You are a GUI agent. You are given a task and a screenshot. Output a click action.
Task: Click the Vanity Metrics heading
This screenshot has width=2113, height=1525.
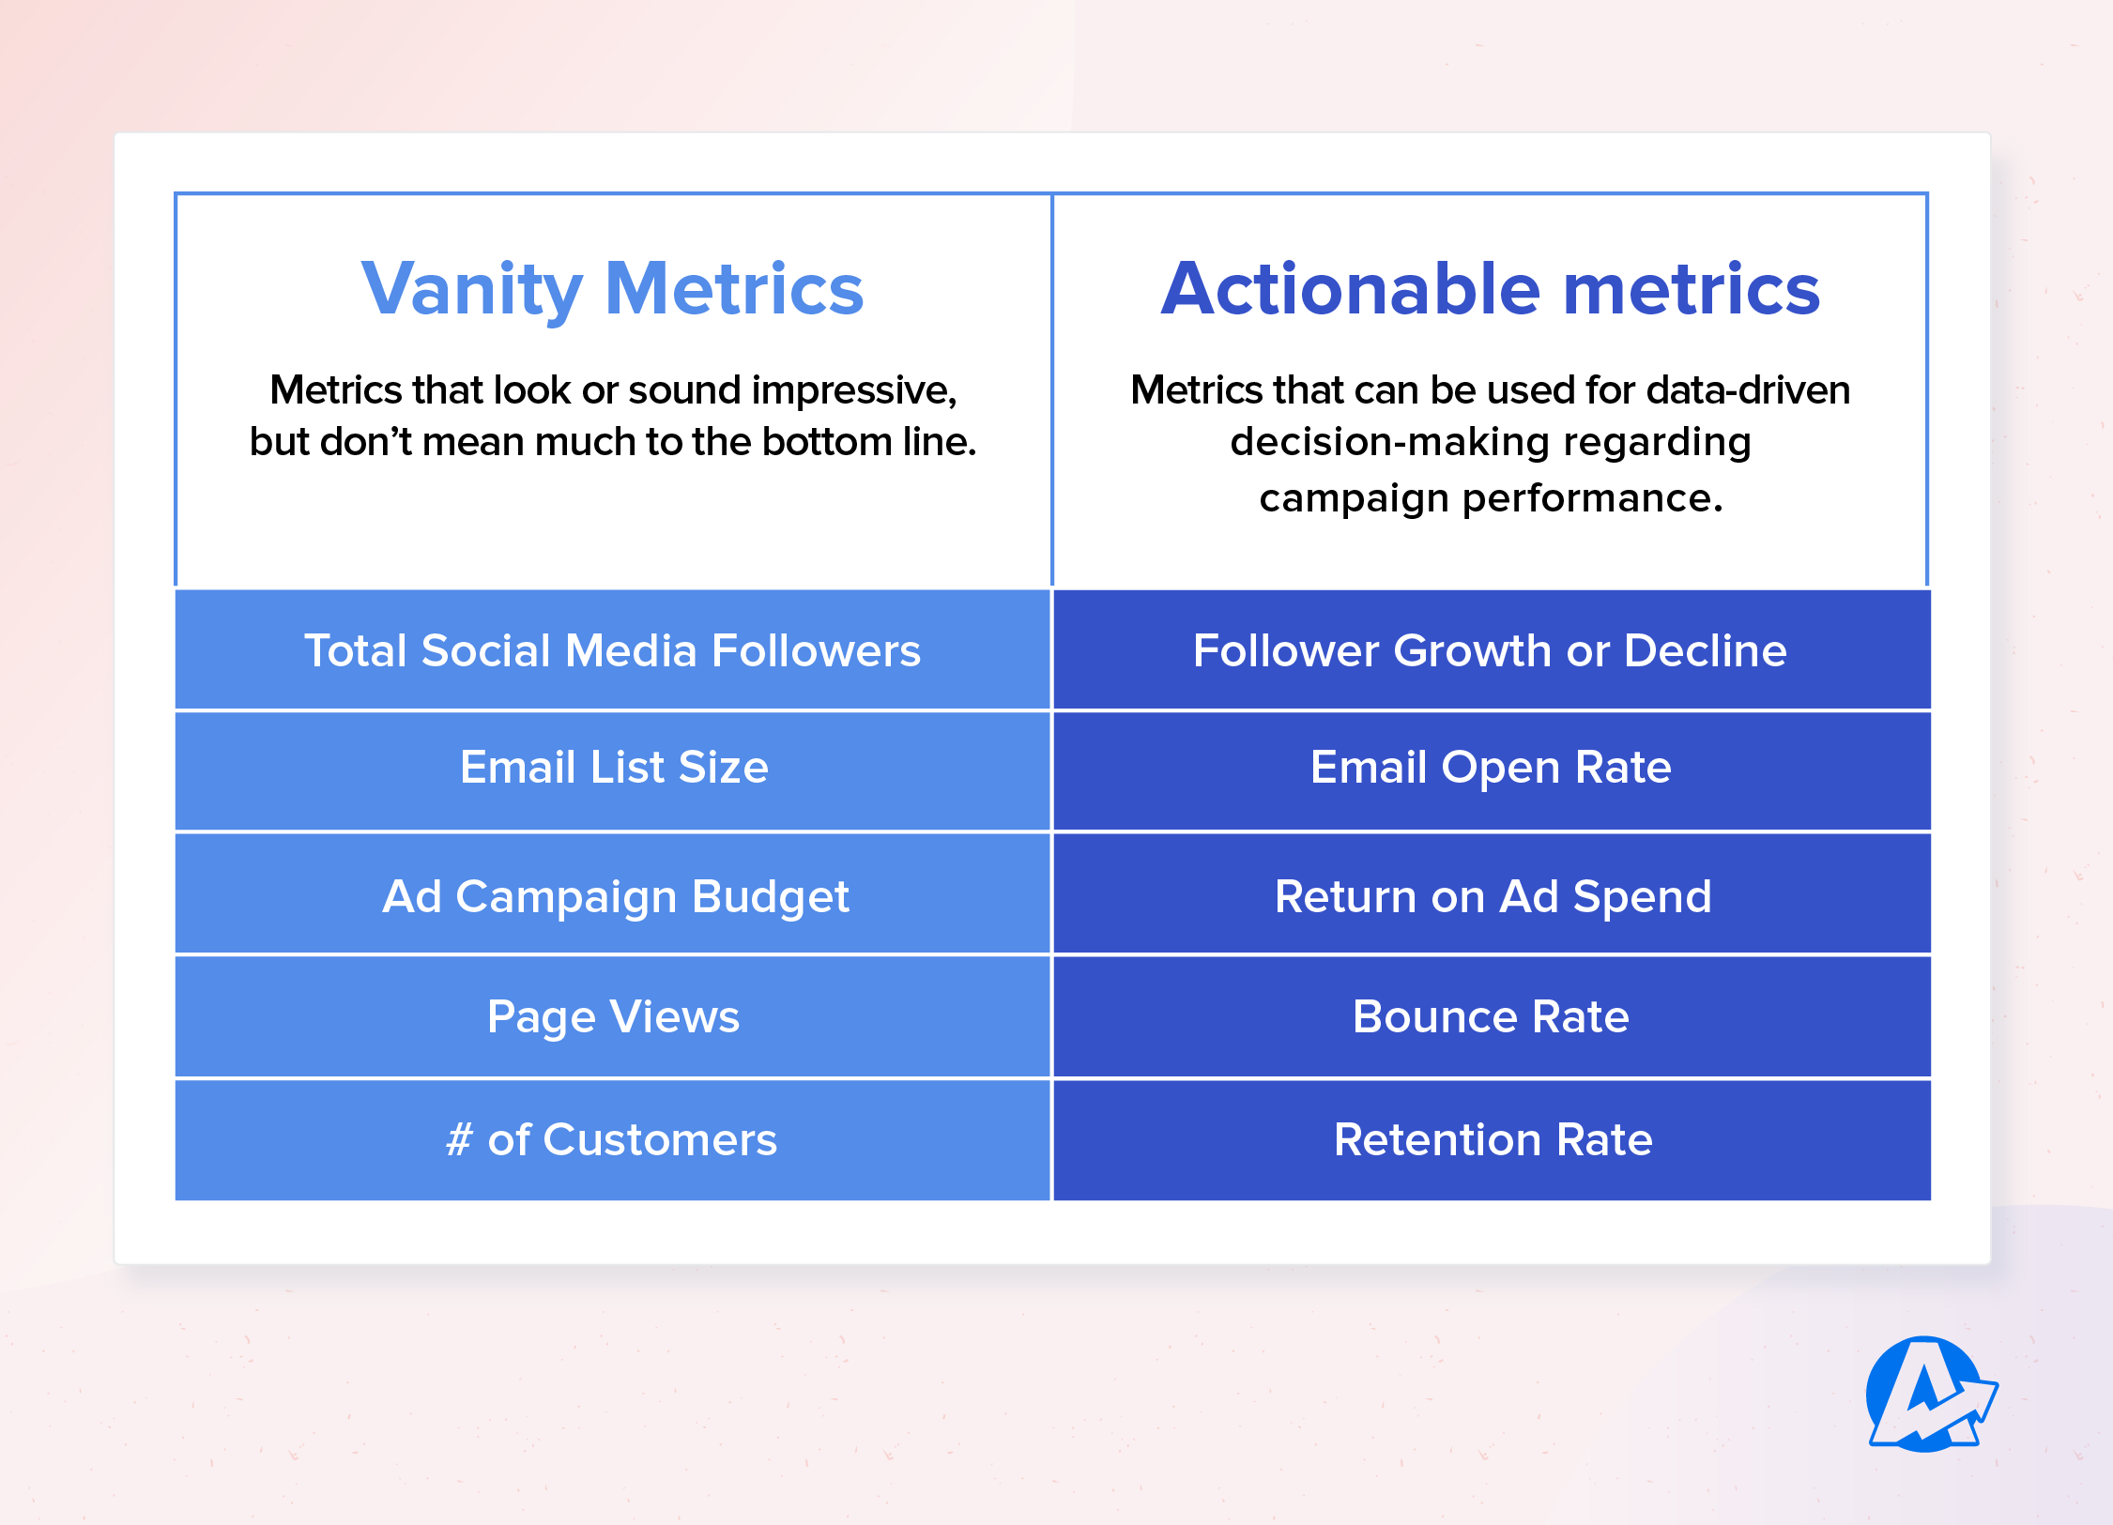click(x=612, y=289)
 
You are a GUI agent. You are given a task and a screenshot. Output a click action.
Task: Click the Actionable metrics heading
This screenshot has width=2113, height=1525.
click(x=1491, y=289)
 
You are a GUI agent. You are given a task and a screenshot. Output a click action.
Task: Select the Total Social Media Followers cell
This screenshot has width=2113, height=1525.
click(x=612, y=650)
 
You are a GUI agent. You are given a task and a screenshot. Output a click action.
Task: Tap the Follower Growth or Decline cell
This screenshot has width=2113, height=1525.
click(x=1491, y=650)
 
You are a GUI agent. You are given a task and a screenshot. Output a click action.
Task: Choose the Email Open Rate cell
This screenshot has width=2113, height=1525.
click(x=1491, y=768)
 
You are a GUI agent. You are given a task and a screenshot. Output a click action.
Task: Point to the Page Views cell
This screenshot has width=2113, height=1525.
click(x=613, y=1017)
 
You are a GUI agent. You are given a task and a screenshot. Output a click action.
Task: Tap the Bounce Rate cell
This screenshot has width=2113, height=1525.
click(x=1491, y=1017)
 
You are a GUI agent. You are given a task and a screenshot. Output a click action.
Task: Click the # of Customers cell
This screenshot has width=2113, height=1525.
click(x=612, y=1140)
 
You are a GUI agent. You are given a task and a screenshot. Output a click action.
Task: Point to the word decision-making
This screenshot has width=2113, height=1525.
click(x=1384, y=442)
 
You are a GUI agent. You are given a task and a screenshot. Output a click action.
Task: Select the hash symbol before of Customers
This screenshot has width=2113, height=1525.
click(x=459, y=1140)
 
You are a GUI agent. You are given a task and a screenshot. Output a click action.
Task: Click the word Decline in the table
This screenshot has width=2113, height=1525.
click(x=1705, y=650)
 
